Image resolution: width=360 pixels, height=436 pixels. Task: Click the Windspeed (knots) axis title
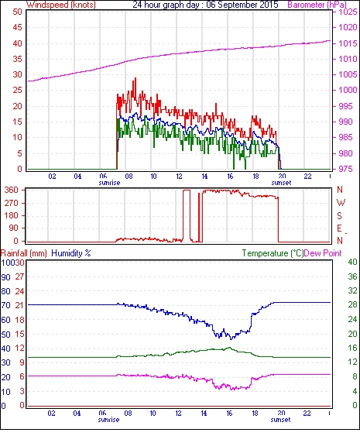pyautogui.click(x=61, y=5)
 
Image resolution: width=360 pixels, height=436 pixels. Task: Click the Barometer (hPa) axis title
pyautogui.click(x=317, y=5)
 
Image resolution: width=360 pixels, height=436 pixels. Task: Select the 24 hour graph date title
pyautogui.click(x=205, y=5)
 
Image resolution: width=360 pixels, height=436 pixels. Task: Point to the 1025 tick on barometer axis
pyautogui.click(x=348, y=12)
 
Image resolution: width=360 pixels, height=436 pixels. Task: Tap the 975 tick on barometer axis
pyautogui.click(x=345, y=169)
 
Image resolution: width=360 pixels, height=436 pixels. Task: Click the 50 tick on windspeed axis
pyautogui.click(x=17, y=12)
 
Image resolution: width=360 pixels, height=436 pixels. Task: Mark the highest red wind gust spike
pyautogui.click(x=135, y=78)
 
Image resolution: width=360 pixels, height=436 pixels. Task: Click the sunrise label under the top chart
pyautogui.click(x=109, y=183)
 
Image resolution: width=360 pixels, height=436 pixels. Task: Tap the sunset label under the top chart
pyautogui.click(x=281, y=183)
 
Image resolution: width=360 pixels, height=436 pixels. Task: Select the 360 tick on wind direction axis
pyautogui.click(x=12, y=191)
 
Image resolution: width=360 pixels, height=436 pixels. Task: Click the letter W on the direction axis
pyautogui.click(x=341, y=203)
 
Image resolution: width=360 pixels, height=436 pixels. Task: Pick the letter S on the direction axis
pyautogui.click(x=339, y=215)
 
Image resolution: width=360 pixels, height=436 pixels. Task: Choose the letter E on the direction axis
pyautogui.click(x=339, y=228)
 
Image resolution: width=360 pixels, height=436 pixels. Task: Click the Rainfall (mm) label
pyautogui.click(x=24, y=253)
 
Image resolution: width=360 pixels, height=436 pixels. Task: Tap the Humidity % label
pyautogui.click(x=71, y=253)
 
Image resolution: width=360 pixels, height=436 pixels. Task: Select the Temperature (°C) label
pyautogui.click(x=273, y=253)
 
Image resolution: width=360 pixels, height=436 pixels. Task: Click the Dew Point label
pyautogui.click(x=323, y=253)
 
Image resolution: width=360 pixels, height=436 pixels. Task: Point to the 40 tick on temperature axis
pyautogui.click(x=352, y=262)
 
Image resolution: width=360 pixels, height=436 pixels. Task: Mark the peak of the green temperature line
pyautogui.click(x=230, y=347)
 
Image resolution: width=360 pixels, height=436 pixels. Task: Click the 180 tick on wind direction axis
pyautogui.click(x=12, y=215)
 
